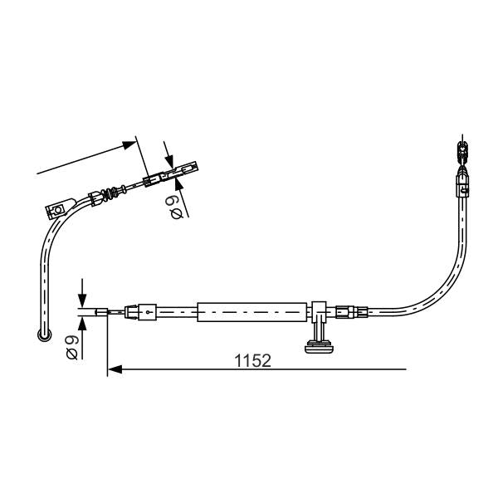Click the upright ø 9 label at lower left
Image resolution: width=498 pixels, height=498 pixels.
click(x=71, y=346)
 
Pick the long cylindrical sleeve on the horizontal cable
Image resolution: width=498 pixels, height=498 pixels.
click(x=251, y=312)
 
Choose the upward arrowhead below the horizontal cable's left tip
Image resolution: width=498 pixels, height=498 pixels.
click(x=82, y=323)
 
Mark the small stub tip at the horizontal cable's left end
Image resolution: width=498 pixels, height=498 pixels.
click(x=101, y=312)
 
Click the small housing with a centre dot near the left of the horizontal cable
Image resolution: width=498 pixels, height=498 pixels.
click(x=148, y=312)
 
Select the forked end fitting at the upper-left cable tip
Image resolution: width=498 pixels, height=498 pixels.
click(x=187, y=168)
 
